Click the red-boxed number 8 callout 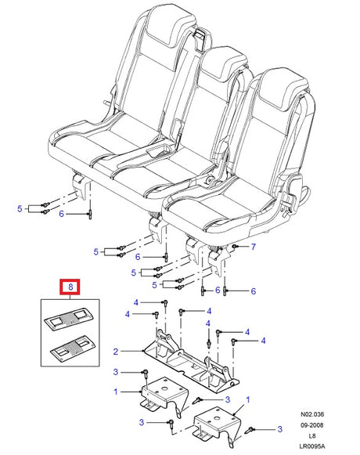click(x=70, y=287)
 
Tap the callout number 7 click(x=254, y=247)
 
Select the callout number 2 click(x=116, y=352)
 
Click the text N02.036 click(x=312, y=414)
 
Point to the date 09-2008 click(x=311, y=425)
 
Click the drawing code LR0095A click(x=312, y=446)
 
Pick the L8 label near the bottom click(x=312, y=436)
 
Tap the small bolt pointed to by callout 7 click(x=235, y=247)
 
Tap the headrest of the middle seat click(x=224, y=63)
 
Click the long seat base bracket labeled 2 click(x=192, y=359)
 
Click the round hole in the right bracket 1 click(x=217, y=418)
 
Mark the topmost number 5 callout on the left click(x=20, y=208)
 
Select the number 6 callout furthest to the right click(x=254, y=291)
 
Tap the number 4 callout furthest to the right click(x=263, y=341)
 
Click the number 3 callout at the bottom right click(x=279, y=429)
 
